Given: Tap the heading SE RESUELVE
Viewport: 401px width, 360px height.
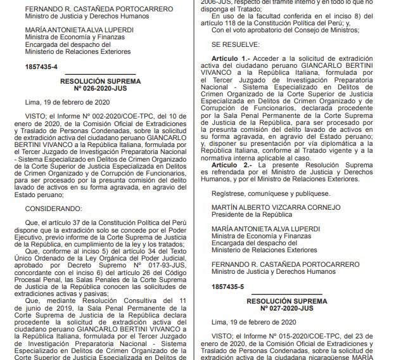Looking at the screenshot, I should (235, 45).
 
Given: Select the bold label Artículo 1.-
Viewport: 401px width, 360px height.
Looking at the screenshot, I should (233, 57).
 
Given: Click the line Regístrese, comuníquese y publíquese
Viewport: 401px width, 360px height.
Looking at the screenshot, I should (271, 193).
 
